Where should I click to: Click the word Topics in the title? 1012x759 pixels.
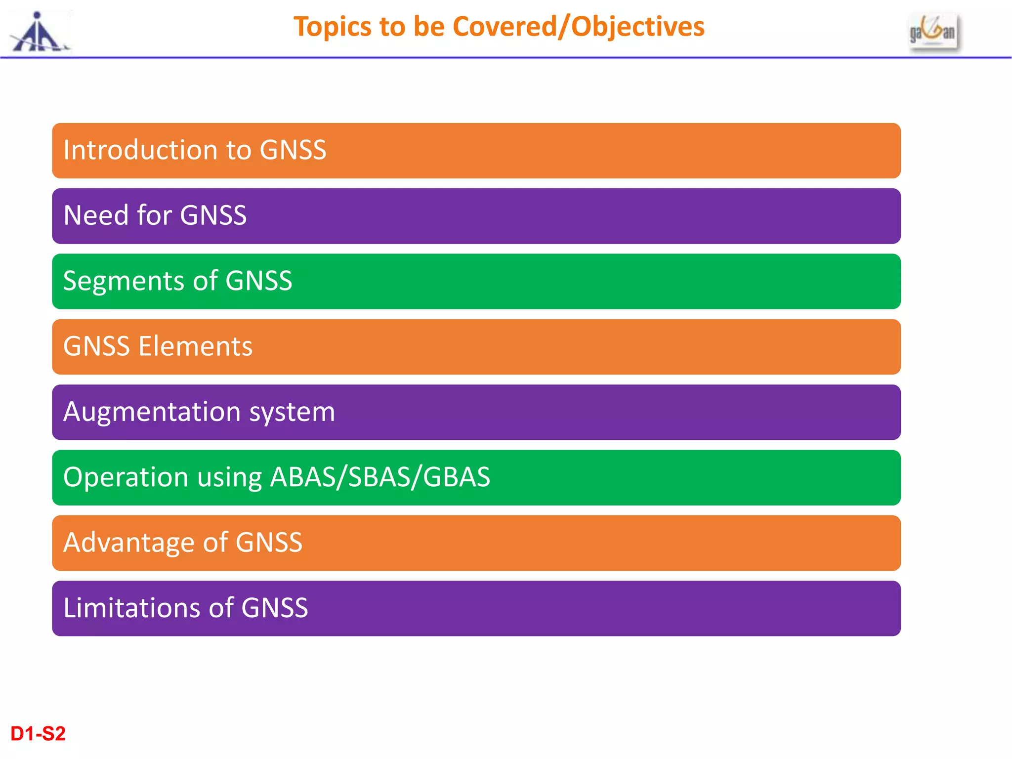tap(332, 27)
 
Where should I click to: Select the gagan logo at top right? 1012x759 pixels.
tap(933, 32)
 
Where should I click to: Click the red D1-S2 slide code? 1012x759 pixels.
tap(38, 734)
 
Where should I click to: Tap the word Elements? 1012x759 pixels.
tap(195, 346)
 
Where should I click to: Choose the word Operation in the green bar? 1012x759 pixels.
tap(126, 477)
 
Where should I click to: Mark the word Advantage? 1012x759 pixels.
tap(129, 543)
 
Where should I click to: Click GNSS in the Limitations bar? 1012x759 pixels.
tap(274, 608)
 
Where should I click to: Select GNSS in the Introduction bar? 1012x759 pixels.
tap(293, 150)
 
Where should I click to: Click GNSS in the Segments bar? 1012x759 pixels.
tap(258, 281)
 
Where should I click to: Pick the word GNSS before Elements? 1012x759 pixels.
tap(96, 346)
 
